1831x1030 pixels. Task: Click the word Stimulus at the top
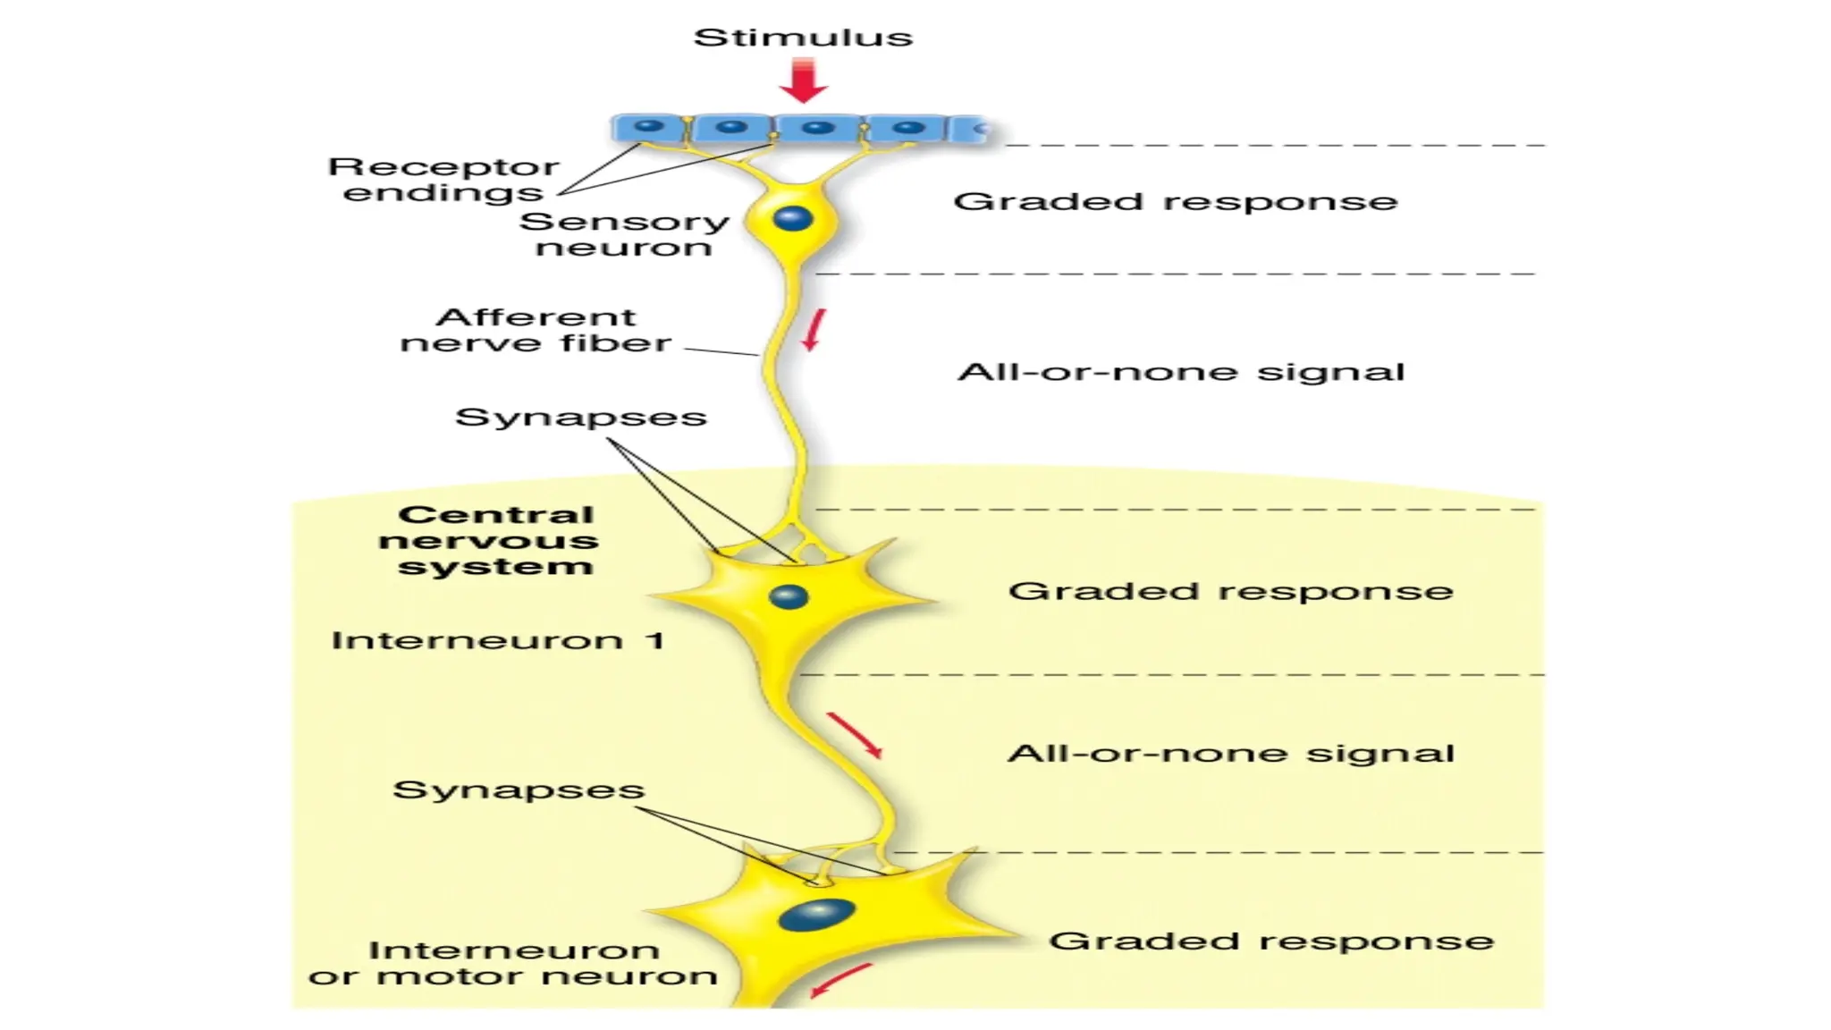[803, 38]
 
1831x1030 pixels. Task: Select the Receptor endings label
[443, 180]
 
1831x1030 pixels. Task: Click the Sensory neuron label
[624, 234]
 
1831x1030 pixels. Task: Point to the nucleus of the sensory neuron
[792, 218]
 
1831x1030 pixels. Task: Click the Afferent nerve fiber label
[536, 330]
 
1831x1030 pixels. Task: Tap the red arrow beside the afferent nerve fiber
[814, 330]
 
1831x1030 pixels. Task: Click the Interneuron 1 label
[498, 640]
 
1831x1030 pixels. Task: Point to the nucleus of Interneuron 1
[788, 596]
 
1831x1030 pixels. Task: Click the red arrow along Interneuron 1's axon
[855, 735]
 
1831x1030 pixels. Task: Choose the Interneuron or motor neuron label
[512, 963]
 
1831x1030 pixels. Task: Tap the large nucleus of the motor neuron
[817, 915]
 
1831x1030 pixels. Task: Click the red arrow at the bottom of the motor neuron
[840, 979]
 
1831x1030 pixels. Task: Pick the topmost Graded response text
[1175, 201]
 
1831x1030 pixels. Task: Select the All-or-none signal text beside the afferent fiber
[1181, 371]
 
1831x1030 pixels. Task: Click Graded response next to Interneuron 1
[1230, 591]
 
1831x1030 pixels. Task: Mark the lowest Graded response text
[1270, 941]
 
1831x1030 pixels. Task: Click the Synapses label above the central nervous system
[581, 417]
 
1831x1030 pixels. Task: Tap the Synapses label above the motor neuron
[519, 789]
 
